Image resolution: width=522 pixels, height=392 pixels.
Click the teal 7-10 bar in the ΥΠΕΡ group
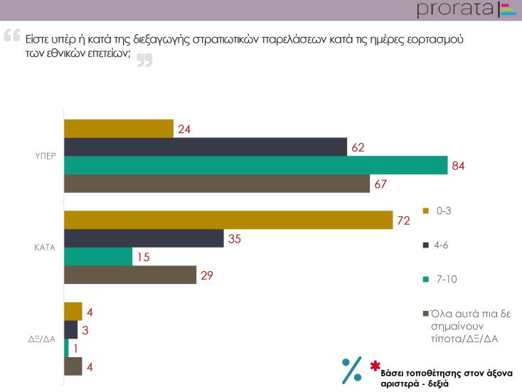tap(256, 165)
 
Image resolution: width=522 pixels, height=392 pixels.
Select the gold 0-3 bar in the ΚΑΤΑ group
tap(228, 221)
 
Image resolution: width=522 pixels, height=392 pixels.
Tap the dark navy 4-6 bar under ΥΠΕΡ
tap(206, 147)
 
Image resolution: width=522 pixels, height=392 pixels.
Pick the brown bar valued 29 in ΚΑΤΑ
tap(130, 275)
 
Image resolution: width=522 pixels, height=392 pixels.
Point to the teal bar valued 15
tap(98, 257)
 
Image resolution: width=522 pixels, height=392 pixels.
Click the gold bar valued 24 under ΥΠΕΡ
tap(119, 129)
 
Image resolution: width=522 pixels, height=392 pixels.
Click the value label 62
tap(357, 148)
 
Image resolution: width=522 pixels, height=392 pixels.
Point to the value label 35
tap(233, 239)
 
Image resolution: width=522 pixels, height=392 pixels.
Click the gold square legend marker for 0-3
tap(425, 211)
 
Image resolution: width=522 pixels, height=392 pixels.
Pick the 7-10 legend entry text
tap(446, 279)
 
